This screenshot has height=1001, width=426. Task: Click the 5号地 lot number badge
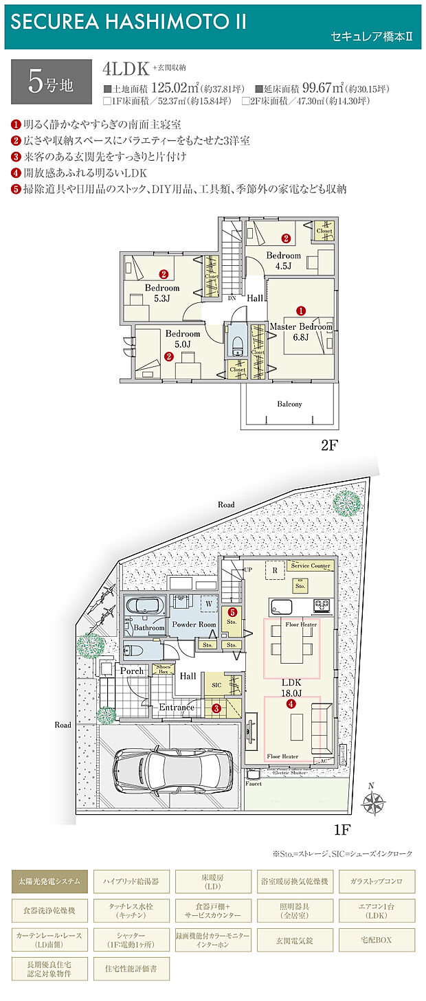click(x=51, y=80)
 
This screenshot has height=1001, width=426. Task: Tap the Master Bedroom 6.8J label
click(x=300, y=331)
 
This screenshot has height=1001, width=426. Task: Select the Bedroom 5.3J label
click(x=161, y=293)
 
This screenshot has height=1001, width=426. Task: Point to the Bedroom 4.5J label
click(x=284, y=260)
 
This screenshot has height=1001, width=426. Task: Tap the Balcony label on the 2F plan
click(x=289, y=404)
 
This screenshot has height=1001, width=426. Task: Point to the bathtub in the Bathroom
click(x=144, y=607)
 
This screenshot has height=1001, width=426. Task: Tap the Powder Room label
click(x=193, y=625)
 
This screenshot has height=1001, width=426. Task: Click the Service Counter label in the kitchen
click(x=311, y=566)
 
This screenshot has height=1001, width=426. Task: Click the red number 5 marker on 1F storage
click(x=233, y=611)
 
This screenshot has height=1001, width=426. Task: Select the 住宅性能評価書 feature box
click(x=130, y=969)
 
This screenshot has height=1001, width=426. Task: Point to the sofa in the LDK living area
click(x=319, y=726)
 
